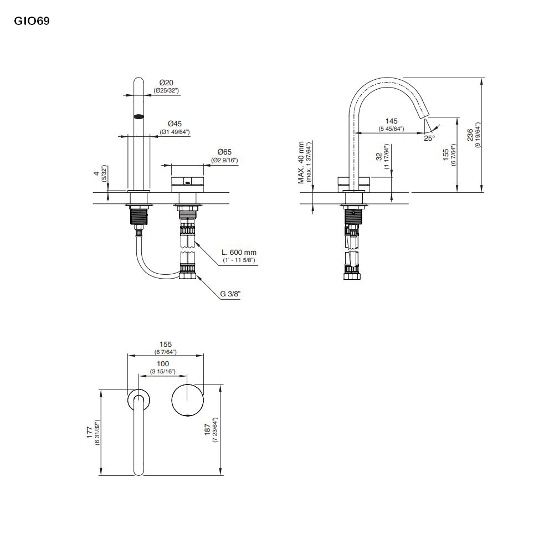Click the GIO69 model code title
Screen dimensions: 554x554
click(x=31, y=22)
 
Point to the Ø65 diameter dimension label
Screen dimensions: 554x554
click(x=224, y=151)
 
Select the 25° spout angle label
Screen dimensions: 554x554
click(x=429, y=138)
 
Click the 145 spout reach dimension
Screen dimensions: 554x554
click(x=391, y=121)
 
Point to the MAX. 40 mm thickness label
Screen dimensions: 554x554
click(x=301, y=162)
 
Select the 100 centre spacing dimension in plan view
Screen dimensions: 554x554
click(x=163, y=363)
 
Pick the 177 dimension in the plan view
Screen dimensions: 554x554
click(x=89, y=433)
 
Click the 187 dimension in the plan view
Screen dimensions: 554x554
click(x=208, y=433)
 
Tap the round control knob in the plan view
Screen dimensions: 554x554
click(x=187, y=399)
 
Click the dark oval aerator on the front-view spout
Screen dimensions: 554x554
click(x=139, y=117)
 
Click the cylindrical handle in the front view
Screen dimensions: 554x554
click(x=188, y=182)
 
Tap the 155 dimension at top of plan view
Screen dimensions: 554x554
click(x=166, y=344)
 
